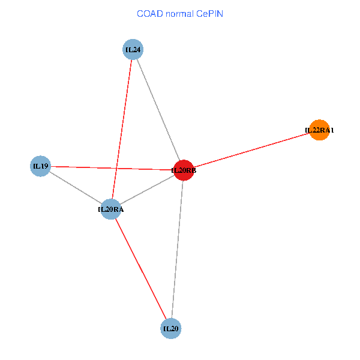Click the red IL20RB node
click(184, 170)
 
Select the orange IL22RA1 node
click(319, 130)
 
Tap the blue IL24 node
click(133, 49)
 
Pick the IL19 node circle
click(40, 166)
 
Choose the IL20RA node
click(111, 209)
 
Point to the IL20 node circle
click(171, 328)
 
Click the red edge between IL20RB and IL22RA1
click(251, 150)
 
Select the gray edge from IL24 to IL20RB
click(158, 110)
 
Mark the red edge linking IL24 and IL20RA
click(122, 129)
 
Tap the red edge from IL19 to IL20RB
click(112, 168)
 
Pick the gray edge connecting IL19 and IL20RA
click(76, 188)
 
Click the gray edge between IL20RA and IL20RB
click(148, 190)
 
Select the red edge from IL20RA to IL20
click(141, 269)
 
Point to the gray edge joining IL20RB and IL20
click(177, 250)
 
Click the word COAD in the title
click(150, 14)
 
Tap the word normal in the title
click(180, 14)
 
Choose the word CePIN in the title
click(209, 14)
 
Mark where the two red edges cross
click(116, 168)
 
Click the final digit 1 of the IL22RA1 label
click(332, 130)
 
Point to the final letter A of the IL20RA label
click(121, 209)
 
